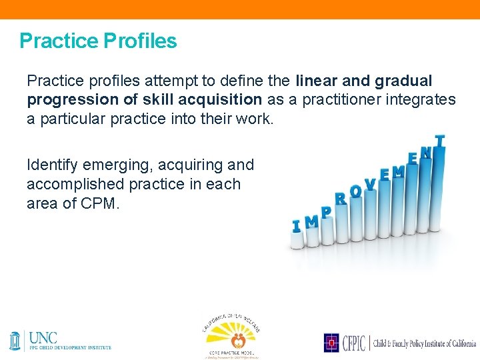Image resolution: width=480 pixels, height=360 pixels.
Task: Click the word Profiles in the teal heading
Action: [x=140, y=41]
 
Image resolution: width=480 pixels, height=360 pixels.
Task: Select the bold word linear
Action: [x=317, y=81]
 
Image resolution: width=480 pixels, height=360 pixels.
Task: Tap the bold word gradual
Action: [x=404, y=81]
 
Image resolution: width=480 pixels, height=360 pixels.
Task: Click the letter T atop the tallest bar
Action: [x=439, y=141]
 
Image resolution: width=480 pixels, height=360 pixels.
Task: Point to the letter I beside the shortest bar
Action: [x=296, y=227]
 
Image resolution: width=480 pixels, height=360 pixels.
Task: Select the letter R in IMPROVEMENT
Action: [x=340, y=198]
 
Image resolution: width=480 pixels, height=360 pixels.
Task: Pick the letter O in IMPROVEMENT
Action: [x=355, y=191]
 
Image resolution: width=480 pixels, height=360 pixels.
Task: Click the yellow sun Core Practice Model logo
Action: [x=229, y=333]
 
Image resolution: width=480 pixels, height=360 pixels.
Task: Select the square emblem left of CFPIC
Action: [x=331, y=343]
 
